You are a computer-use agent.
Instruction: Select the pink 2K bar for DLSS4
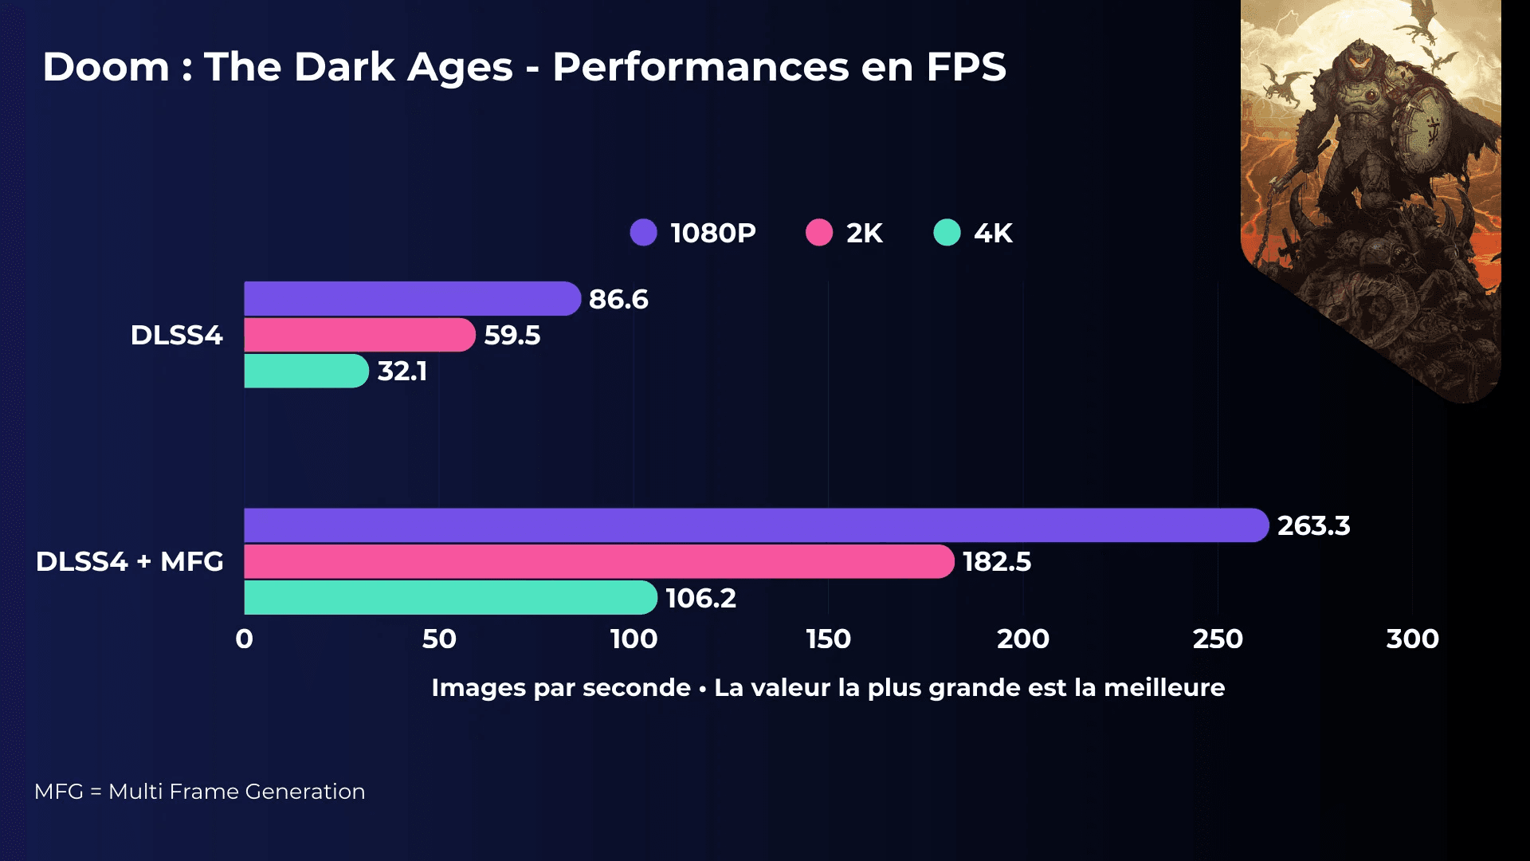tap(359, 335)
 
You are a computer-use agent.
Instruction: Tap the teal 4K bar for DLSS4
tap(305, 371)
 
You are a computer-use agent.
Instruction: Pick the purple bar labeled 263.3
tap(755, 525)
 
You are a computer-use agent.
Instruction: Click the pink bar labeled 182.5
tap(598, 561)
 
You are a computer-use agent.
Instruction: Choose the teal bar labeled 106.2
tap(450, 598)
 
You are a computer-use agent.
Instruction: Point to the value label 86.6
tap(618, 299)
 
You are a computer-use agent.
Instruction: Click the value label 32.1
tap(402, 372)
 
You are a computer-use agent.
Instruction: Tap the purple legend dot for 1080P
tap(643, 233)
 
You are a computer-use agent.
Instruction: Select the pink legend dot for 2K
tap(819, 233)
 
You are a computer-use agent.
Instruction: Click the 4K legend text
tap(993, 234)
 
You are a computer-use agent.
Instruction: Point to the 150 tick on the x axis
tap(828, 639)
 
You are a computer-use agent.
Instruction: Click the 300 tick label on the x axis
tap(1412, 639)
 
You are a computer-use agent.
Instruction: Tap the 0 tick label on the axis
tap(245, 639)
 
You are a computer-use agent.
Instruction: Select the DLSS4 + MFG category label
tap(130, 561)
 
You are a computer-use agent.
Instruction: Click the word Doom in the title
tap(106, 67)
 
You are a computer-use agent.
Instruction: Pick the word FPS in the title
tap(966, 67)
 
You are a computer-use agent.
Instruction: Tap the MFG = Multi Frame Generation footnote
tap(199, 792)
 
